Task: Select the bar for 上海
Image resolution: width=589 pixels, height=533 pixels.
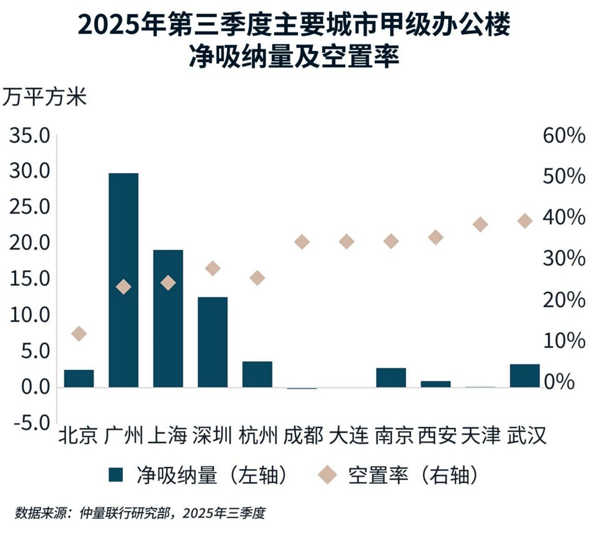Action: click(x=168, y=318)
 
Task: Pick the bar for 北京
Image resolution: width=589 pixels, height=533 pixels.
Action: click(x=79, y=378)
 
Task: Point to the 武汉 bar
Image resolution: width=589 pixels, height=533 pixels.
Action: click(x=525, y=376)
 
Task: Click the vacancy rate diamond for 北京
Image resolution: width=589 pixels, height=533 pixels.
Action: click(x=79, y=334)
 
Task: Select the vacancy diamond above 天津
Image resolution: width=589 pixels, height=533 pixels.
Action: click(x=480, y=224)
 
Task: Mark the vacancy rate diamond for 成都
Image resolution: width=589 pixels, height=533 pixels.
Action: click(x=302, y=242)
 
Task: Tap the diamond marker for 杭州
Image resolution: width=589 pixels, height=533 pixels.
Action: click(x=257, y=278)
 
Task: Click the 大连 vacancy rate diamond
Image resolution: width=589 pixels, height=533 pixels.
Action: click(x=346, y=242)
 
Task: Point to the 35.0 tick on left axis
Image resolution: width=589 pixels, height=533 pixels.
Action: click(x=29, y=136)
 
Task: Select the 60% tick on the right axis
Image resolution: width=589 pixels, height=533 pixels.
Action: click(x=564, y=136)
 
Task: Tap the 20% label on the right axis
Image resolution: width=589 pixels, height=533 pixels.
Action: click(x=564, y=300)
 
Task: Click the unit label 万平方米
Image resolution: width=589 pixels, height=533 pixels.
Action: click(x=44, y=98)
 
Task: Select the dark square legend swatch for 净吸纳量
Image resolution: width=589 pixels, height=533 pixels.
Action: click(x=116, y=475)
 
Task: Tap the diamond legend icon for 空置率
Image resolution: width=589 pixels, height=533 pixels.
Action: click(x=329, y=475)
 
